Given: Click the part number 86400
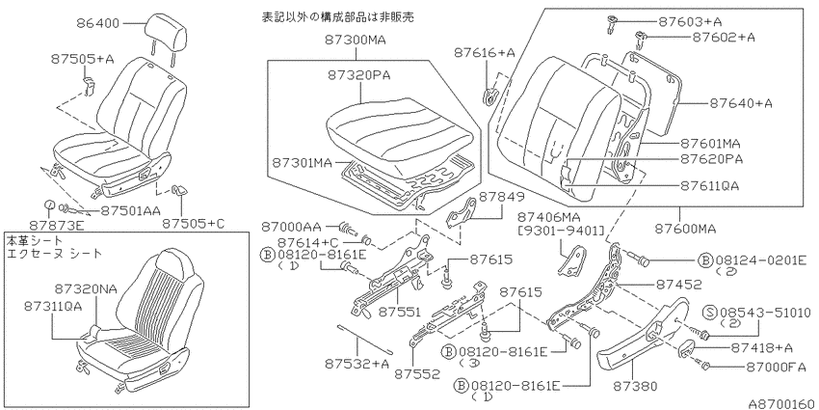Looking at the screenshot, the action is (97, 23).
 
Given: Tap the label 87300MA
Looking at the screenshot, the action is (355, 40).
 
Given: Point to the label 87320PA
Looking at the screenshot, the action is (359, 75).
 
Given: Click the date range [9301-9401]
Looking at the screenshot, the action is (561, 231).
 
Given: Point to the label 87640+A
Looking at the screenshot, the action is (741, 103).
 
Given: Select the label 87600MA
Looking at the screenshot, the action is (684, 229).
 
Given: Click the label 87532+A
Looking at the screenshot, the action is (356, 363).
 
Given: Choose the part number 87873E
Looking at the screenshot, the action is (65, 225).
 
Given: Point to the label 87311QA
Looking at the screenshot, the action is (53, 307).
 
